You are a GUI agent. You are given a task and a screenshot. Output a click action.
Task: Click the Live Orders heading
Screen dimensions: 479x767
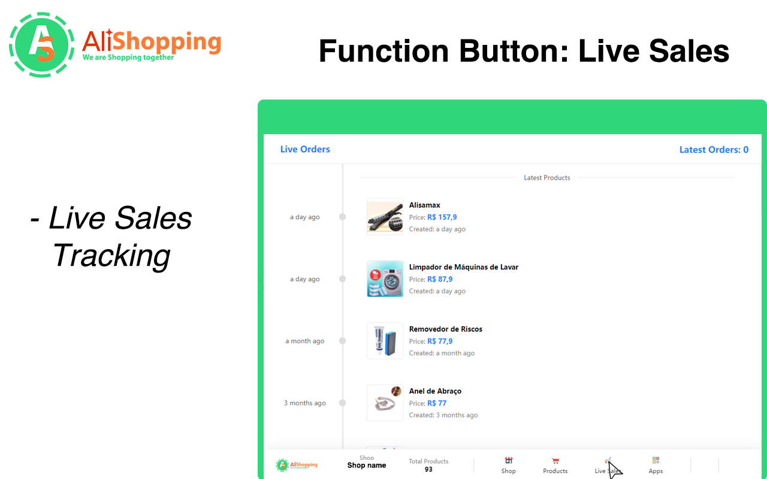(x=305, y=149)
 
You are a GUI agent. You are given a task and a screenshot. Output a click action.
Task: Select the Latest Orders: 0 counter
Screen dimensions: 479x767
(x=713, y=150)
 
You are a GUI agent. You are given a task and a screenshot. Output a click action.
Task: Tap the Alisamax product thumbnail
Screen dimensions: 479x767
(x=385, y=217)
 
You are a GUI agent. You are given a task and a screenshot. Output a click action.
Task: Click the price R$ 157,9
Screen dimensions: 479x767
(x=442, y=217)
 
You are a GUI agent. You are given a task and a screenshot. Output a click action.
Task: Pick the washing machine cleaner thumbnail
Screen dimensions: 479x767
(x=385, y=279)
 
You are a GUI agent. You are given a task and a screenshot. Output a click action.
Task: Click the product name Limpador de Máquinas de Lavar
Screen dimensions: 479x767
(x=463, y=267)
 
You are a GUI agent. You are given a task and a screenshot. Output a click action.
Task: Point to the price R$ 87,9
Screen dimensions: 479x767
(x=440, y=280)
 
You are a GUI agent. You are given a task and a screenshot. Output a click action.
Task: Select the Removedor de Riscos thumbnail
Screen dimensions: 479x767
(x=385, y=341)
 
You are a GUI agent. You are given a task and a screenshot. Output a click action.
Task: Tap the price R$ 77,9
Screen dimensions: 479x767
(x=440, y=341)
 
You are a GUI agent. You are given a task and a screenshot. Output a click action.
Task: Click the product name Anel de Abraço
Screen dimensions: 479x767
(x=435, y=391)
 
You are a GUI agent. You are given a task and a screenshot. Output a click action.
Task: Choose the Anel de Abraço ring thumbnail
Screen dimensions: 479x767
(x=385, y=403)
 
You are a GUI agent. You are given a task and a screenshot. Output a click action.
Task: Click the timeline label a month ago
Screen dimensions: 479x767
(x=304, y=341)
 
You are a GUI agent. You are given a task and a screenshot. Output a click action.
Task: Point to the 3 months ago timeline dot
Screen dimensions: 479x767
(x=343, y=403)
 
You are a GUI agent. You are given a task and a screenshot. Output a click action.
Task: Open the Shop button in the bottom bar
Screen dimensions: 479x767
(x=509, y=465)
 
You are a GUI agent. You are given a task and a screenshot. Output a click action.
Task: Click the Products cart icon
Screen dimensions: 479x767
(x=555, y=460)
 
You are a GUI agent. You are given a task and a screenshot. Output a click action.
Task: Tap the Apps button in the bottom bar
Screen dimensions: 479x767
(x=656, y=465)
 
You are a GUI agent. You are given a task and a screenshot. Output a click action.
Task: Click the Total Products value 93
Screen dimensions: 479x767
(x=428, y=469)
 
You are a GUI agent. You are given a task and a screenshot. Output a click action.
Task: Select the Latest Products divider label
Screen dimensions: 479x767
(x=546, y=178)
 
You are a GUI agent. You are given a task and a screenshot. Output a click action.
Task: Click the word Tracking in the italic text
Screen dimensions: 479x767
(x=111, y=256)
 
